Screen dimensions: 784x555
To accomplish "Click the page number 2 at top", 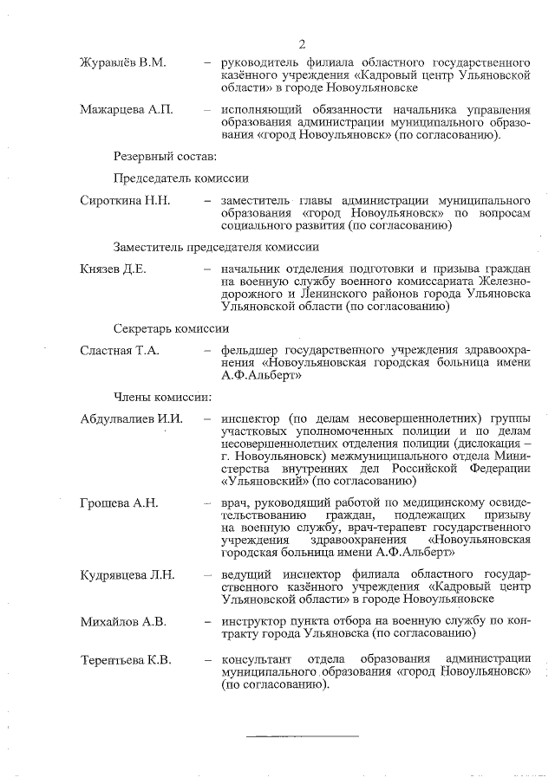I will pos(301,45).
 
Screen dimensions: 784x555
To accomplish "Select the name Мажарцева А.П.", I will pos(126,110).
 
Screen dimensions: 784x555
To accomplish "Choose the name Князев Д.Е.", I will pos(113,269).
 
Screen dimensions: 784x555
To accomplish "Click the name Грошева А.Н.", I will pos(119,503).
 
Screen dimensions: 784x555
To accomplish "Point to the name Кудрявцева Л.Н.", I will pos(127,574).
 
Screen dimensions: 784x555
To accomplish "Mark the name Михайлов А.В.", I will pos(122,621).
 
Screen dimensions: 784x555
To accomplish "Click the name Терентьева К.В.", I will pos(126,661).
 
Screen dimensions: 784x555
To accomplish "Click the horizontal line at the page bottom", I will pos(303,736).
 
